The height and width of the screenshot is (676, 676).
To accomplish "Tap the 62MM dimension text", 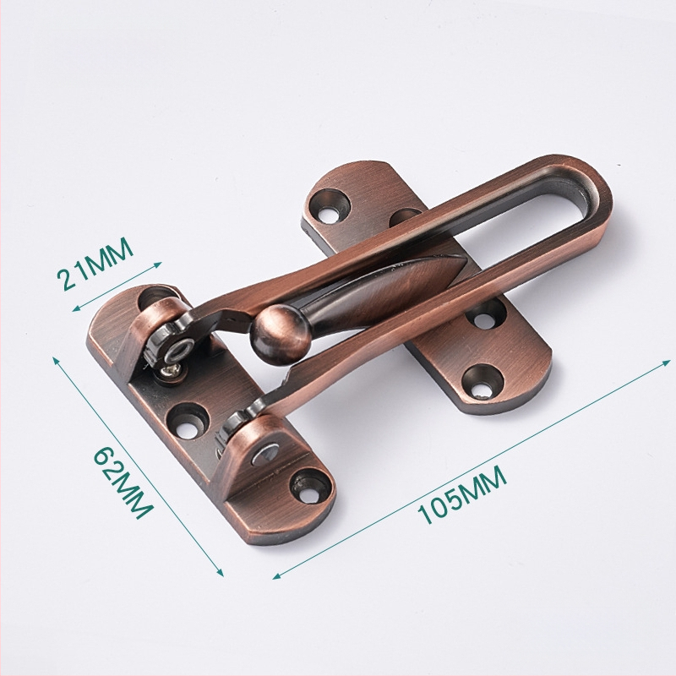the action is (123, 482).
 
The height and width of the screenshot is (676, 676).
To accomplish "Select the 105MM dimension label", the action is (461, 494).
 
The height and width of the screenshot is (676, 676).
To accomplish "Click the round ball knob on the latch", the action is (281, 330).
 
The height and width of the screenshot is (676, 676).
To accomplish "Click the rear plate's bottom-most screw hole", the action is (482, 381).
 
